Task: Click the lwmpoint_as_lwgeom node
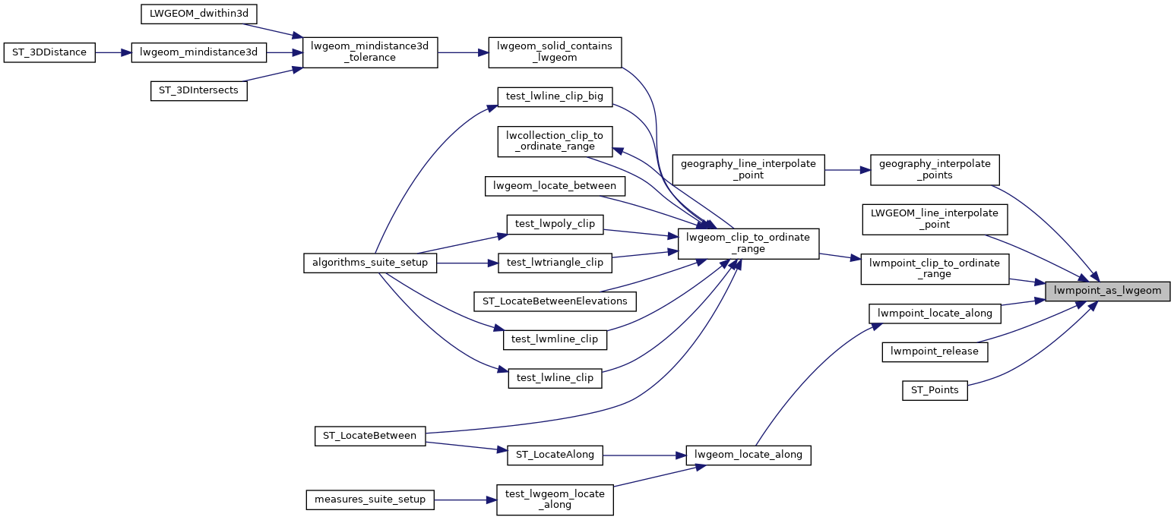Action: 1107,291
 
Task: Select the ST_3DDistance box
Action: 49,52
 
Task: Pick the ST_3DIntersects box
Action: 198,90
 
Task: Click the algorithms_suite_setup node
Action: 370,263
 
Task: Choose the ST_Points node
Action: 935,391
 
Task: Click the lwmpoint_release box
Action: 934,351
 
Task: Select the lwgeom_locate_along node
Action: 748,455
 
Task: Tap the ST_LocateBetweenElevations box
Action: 555,301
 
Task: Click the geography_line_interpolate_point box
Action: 748,169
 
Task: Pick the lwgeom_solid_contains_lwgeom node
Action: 555,52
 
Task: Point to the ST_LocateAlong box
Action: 555,455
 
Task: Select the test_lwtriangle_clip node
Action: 555,263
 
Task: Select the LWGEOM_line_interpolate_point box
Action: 934,219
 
